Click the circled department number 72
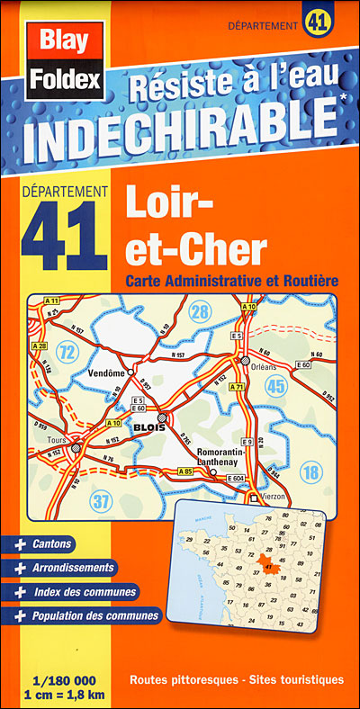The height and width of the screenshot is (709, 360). click(67, 346)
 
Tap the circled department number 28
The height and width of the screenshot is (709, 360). click(200, 313)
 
